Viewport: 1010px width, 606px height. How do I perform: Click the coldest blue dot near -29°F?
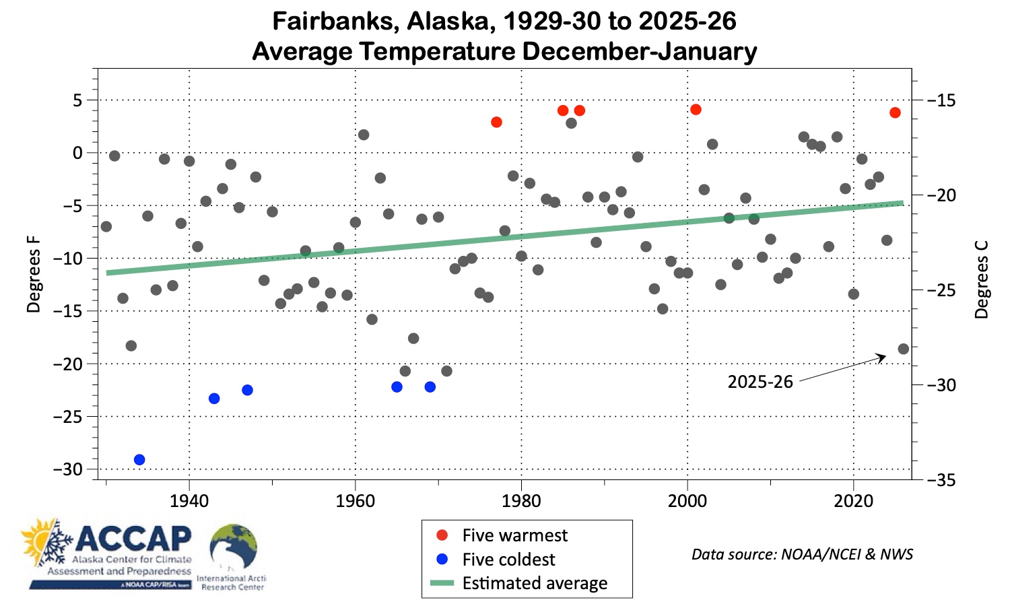click(x=139, y=460)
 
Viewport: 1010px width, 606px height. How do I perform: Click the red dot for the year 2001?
click(x=696, y=109)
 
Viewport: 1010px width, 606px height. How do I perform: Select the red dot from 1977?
click(x=496, y=122)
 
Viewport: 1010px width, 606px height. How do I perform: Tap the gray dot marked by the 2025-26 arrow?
click(x=903, y=349)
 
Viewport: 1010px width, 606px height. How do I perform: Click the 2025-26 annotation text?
click(x=760, y=382)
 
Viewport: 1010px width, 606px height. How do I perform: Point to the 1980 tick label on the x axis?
click(x=521, y=501)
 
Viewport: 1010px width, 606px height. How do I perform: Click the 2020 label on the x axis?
click(x=853, y=501)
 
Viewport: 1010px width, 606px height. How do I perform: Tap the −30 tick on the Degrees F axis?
click(x=72, y=469)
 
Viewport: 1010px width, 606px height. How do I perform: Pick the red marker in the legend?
click(x=442, y=535)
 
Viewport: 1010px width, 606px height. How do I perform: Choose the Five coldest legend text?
click(x=508, y=560)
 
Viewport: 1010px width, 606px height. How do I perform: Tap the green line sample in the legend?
click(x=442, y=583)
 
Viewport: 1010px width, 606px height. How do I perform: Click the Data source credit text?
click(x=802, y=554)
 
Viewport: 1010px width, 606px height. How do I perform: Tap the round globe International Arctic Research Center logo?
click(x=232, y=547)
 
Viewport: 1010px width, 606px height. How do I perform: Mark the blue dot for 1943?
click(x=214, y=399)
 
